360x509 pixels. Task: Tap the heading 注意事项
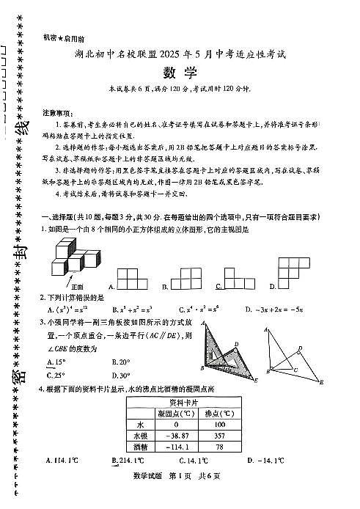pyautogui.click(x=58, y=112)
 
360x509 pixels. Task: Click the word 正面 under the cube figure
pyautogui.click(x=78, y=285)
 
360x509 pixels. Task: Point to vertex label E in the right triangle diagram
pyautogui.click(x=323, y=381)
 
